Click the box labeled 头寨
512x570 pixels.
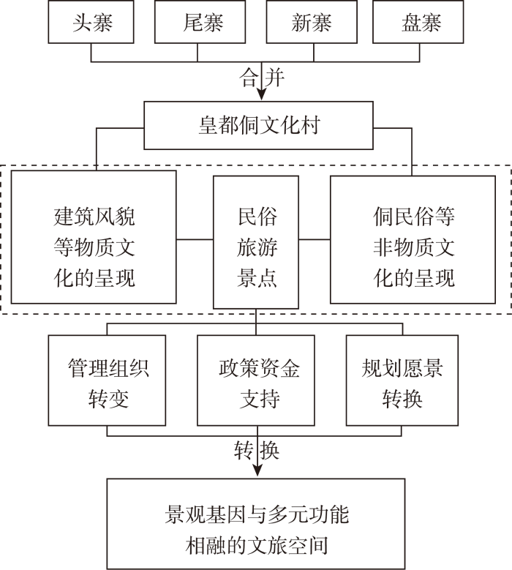[91, 22]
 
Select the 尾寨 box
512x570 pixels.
[200, 22]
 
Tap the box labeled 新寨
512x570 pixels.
[312, 22]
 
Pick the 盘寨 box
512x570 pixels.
[418, 22]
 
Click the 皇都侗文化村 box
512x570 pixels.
[258, 125]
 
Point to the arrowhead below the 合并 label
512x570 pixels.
[261, 94]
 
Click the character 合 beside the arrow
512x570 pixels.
[249, 78]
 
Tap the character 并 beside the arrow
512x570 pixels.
[274, 78]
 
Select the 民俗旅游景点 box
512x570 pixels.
[256, 242]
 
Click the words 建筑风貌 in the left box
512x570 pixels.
[94, 217]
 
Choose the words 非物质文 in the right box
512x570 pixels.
[413, 247]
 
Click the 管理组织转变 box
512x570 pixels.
[107, 380]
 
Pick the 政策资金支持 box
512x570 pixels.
[256, 380]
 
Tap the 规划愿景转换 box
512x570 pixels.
[402, 380]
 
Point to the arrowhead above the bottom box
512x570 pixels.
[257, 470]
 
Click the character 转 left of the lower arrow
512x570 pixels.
[244, 451]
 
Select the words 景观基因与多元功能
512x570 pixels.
[257, 514]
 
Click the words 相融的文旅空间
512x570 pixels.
[257, 545]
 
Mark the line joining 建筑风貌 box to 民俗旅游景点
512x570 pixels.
[195, 239]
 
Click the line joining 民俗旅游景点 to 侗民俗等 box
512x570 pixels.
[315, 239]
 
